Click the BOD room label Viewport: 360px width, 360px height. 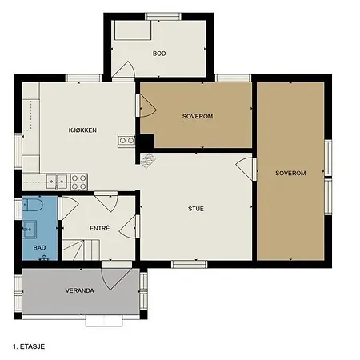tap(159, 54)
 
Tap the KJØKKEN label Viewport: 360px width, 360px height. tap(82, 130)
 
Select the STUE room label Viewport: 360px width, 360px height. tap(196, 209)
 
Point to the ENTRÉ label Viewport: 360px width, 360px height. tap(100, 228)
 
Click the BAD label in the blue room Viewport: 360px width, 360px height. tap(39, 248)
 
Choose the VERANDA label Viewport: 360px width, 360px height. tap(80, 290)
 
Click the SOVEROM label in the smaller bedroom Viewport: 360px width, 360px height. tap(198, 116)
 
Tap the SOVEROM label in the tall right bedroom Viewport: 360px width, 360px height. tap(290, 173)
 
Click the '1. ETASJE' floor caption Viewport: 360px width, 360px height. tap(29, 346)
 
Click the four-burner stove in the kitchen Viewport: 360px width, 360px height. tap(79, 182)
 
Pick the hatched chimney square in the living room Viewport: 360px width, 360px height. tap(148, 161)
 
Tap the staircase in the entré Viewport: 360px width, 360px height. tap(81, 250)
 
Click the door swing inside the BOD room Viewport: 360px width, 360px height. tap(124, 70)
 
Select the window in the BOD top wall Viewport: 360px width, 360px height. tap(163, 16)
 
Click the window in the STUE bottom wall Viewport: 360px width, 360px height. tap(189, 264)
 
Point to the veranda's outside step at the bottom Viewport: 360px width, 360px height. tap(104, 321)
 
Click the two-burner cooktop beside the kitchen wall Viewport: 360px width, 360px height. tap(126, 141)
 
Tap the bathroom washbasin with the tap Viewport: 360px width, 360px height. tap(30, 230)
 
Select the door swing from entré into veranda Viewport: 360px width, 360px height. tap(117, 279)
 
